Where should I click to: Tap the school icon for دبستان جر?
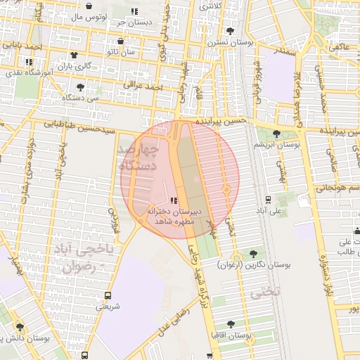[x=134, y=11]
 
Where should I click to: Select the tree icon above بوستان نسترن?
[x=231, y=30]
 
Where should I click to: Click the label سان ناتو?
[x=121, y=52]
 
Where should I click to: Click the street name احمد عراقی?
[x=143, y=86]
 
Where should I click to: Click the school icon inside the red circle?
[x=174, y=201]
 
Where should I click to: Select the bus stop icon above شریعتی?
[x=108, y=295]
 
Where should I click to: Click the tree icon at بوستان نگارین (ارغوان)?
[x=253, y=253]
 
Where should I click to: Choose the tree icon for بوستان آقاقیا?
[x=231, y=323]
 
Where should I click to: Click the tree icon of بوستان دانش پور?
[x=20, y=327]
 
